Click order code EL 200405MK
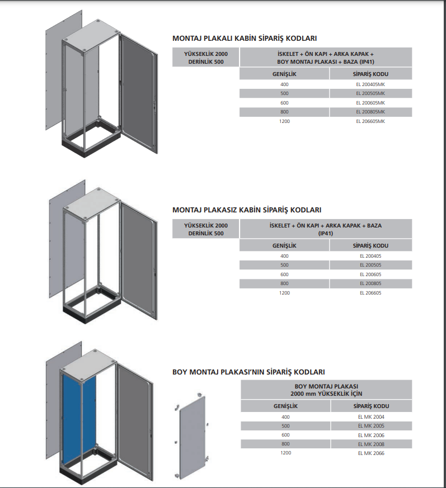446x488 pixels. click(x=370, y=84)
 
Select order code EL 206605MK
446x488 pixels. click(x=370, y=121)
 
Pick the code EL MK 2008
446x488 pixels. click(x=371, y=444)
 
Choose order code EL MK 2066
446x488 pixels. click(x=371, y=453)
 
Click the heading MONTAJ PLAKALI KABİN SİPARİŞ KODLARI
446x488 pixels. click(x=245, y=39)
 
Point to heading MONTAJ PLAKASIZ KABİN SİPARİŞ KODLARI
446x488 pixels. click(x=247, y=210)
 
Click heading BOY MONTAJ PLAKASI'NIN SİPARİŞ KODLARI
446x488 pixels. click(x=248, y=372)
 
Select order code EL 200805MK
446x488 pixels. click(x=370, y=112)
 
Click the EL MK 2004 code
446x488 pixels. click(x=371, y=416)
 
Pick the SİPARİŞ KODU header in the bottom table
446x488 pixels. click(x=371, y=406)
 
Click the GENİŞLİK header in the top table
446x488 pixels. click(x=284, y=74)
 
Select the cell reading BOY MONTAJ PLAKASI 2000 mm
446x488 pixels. click(x=326, y=390)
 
